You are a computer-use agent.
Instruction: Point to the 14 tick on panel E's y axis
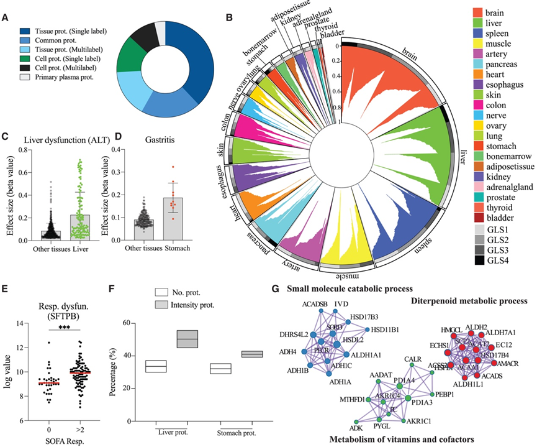pos(17,323)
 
